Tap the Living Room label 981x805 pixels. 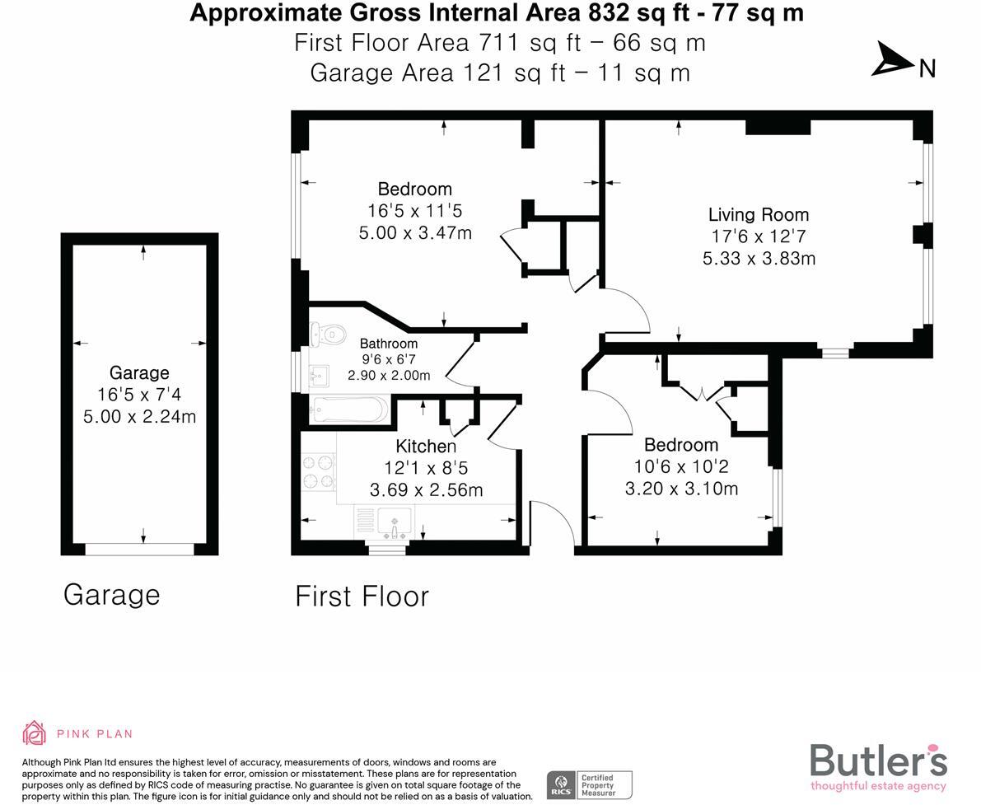758,215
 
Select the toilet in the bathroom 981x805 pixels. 328,334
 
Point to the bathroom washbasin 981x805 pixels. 318,377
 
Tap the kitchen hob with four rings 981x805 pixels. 318,472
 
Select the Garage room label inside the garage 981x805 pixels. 139,372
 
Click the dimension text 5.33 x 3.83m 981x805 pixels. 758,259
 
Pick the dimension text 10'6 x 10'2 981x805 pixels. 680,466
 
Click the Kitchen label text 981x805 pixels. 426,447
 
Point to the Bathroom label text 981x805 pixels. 389,344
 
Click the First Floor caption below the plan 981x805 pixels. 362,596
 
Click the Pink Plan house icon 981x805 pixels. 35,732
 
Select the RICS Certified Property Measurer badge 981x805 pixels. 590,784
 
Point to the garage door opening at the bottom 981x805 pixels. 139,548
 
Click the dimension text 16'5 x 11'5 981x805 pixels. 415,211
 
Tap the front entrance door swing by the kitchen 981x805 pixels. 550,521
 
